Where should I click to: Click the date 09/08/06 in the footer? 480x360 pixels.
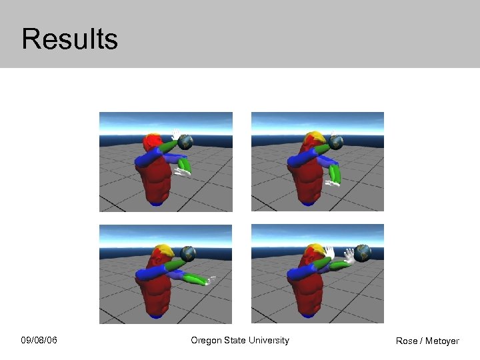(39, 341)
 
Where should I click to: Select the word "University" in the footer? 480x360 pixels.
(269, 340)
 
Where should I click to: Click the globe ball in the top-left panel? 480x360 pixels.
(186, 142)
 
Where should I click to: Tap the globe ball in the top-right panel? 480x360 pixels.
(337, 142)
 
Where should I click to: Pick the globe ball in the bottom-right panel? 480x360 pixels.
(363, 252)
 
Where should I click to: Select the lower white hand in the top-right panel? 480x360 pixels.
(331, 181)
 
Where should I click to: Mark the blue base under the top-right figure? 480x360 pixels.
(307, 203)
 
